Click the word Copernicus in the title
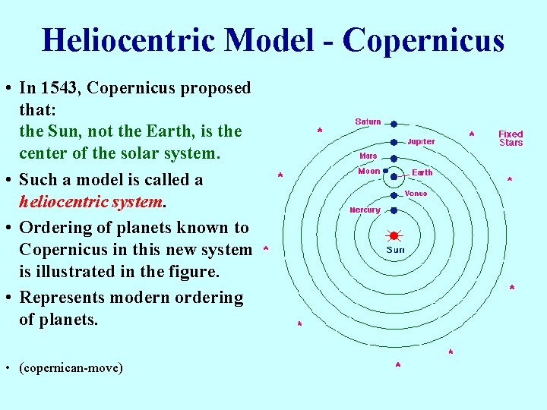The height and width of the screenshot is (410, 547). click(423, 40)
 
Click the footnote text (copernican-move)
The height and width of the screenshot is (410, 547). click(71, 368)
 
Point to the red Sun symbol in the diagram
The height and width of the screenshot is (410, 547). click(394, 235)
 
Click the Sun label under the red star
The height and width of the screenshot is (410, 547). click(395, 250)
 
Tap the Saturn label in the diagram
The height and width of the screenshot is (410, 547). click(368, 122)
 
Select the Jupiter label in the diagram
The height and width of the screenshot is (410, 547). click(421, 142)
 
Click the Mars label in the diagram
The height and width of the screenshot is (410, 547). click(368, 156)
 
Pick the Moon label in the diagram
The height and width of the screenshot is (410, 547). click(368, 172)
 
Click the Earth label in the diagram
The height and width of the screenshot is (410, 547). click(422, 172)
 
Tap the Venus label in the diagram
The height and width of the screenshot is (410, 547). click(416, 194)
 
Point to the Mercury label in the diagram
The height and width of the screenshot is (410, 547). click(365, 210)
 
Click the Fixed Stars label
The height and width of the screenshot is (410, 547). click(511, 138)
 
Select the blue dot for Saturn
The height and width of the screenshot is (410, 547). click(394, 123)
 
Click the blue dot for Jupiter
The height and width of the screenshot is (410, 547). click(394, 142)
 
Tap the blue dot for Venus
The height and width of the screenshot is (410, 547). click(394, 194)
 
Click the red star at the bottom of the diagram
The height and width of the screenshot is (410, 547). click(398, 366)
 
